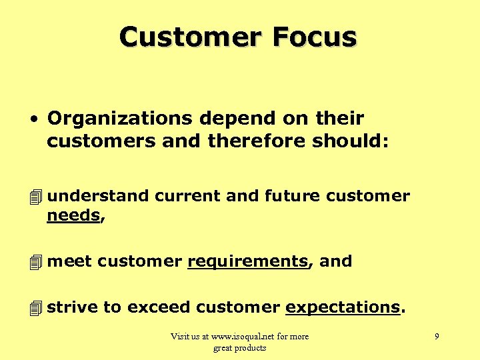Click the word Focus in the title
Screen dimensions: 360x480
pos(314,37)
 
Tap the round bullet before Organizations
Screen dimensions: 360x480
pos(33,119)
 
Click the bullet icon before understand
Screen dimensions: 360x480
pos(35,197)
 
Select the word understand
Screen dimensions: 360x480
pos(99,196)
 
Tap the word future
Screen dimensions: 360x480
pos(291,196)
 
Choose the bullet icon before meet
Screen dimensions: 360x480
pos(35,262)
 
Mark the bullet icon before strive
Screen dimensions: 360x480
pos(35,308)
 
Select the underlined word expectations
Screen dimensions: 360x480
pos(343,307)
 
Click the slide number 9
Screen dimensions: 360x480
pos(437,337)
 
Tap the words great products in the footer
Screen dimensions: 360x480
pos(239,348)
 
